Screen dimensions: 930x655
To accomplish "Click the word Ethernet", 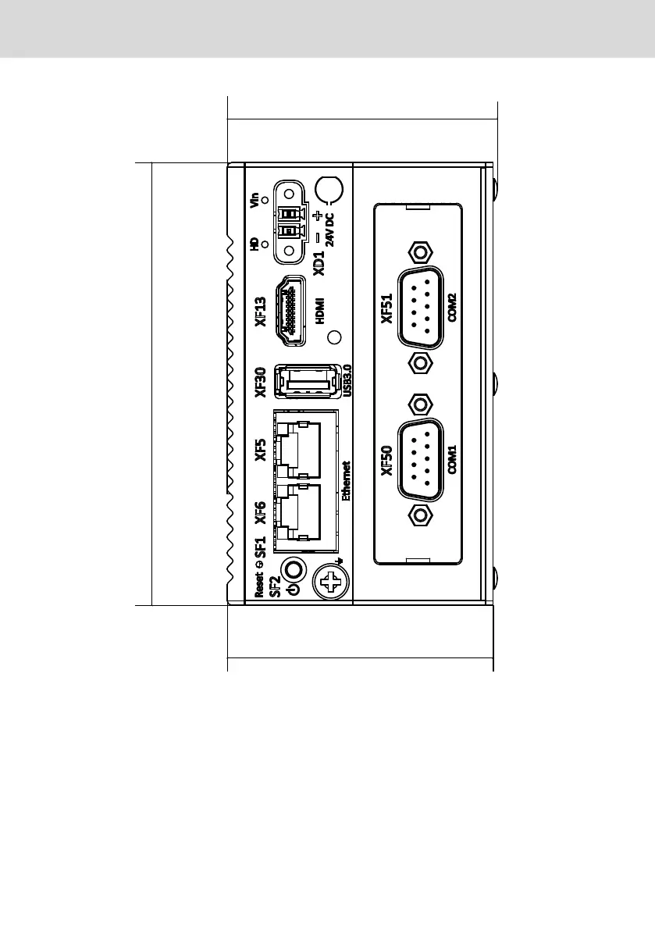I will (x=347, y=480).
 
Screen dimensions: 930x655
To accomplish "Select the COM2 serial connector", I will (x=422, y=308).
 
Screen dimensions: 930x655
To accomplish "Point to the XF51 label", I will (x=386, y=308).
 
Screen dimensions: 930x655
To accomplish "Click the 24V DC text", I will (x=329, y=229).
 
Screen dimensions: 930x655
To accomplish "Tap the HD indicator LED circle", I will (x=265, y=244).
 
